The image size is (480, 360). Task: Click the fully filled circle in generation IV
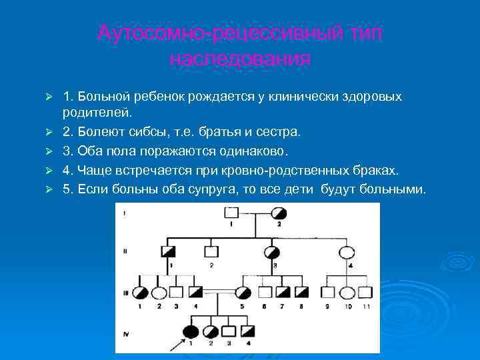point(191,331)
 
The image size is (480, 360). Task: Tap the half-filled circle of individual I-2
point(280,213)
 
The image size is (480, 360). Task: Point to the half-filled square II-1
point(169,252)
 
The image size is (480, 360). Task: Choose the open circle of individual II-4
point(347,252)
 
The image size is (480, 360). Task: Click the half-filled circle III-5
point(243,292)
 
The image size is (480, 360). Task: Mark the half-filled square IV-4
point(248,331)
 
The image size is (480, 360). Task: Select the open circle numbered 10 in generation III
point(347,292)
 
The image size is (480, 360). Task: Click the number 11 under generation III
point(366,306)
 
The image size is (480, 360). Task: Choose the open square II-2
point(211,252)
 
